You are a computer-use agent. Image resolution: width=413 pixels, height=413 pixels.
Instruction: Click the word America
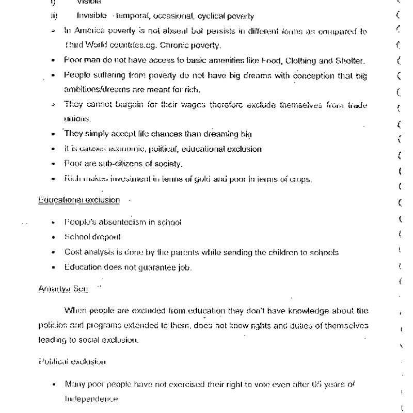tap(88, 31)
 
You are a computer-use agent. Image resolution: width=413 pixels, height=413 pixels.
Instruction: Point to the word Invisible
tap(91, 16)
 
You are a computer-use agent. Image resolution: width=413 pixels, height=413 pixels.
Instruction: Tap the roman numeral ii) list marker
tap(54, 16)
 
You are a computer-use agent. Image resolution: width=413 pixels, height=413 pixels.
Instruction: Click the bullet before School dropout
tap(54, 237)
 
